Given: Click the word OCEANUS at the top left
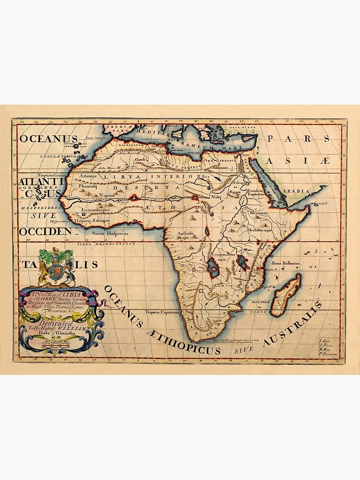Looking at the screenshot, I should tap(48, 139).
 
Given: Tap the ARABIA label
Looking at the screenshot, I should tap(297, 191).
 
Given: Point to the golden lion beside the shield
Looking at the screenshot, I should tap(43, 271).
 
